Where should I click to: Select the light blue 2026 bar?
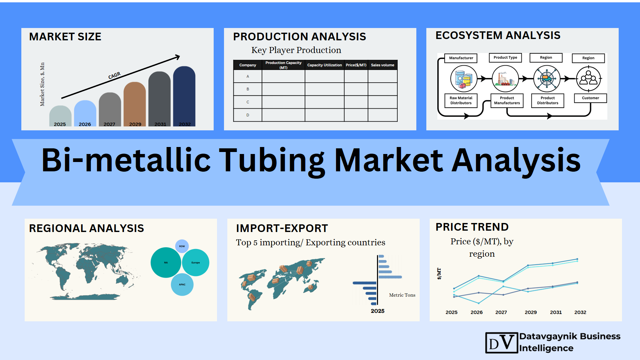(85, 113)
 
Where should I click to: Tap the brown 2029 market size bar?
(135, 104)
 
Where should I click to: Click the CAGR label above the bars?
(114, 76)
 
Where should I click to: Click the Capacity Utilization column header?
(324, 65)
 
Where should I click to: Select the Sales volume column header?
(383, 65)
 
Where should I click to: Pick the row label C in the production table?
(248, 102)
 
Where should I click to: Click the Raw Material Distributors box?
(461, 100)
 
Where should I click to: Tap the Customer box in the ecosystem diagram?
(590, 98)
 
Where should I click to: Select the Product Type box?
(505, 58)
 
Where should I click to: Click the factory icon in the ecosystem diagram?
(505, 79)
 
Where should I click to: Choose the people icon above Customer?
(589, 79)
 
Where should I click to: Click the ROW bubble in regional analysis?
(182, 246)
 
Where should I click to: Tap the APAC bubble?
(182, 285)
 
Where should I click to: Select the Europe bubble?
(196, 263)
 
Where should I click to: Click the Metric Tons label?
(402, 295)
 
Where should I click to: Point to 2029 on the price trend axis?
(531, 312)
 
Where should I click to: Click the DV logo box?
(502, 343)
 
